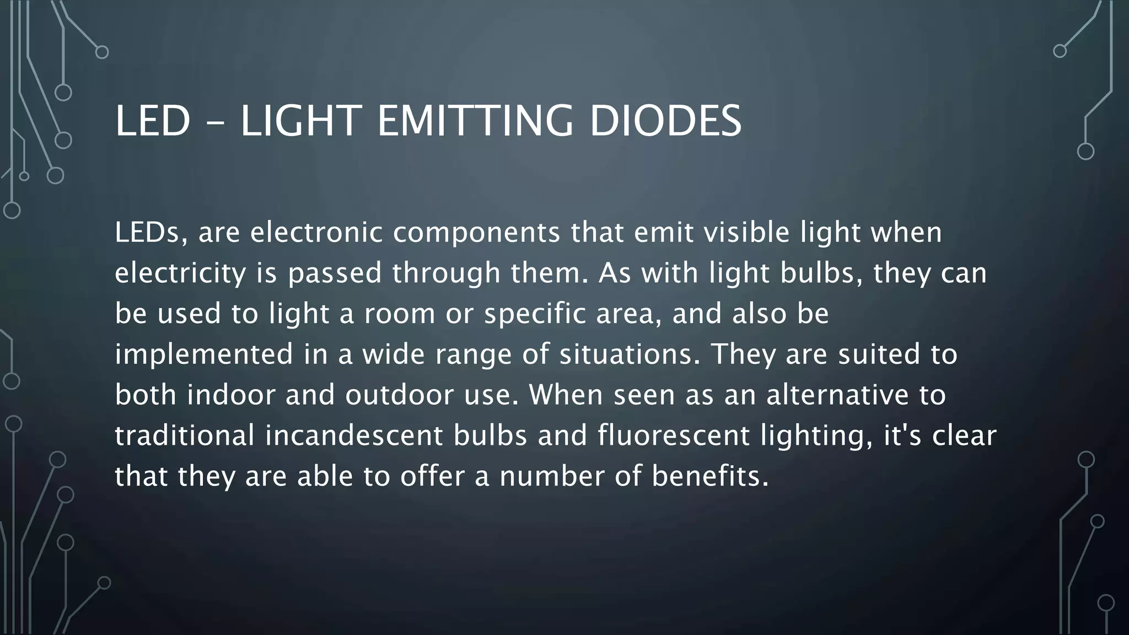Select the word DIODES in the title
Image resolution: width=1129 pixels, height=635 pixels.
(x=665, y=121)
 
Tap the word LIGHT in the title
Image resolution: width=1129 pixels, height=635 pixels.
(x=301, y=121)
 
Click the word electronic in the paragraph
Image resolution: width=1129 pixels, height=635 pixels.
(x=316, y=233)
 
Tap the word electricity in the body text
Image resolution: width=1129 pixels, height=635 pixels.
(x=180, y=273)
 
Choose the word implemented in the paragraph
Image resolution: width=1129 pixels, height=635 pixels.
(x=203, y=354)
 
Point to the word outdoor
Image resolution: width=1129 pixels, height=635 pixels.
(x=399, y=395)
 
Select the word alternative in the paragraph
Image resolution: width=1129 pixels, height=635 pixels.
(x=837, y=395)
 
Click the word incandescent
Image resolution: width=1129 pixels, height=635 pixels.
(x=353, y=435)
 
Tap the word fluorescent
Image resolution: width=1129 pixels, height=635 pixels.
(x=673, y=435)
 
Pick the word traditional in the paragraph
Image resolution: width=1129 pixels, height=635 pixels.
(x=184, y=435)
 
